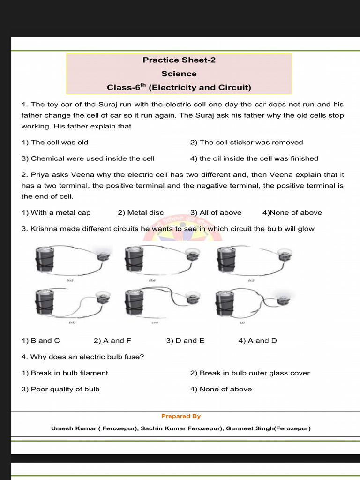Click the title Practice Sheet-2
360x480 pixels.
[179, 60]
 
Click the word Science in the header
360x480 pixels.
[179, 74]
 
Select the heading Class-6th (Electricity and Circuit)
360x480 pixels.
[179, 87]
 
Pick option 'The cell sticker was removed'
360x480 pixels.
[247, 142]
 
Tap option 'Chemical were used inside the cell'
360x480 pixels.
[88, 158]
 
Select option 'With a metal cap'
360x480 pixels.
[56, 212]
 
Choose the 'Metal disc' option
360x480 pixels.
[141, 212]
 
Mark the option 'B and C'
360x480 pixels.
[41, 340]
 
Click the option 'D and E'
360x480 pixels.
[185, 340]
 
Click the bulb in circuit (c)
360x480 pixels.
[285, 255]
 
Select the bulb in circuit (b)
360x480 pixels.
[192, 255]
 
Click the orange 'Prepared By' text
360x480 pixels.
[181, 416]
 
